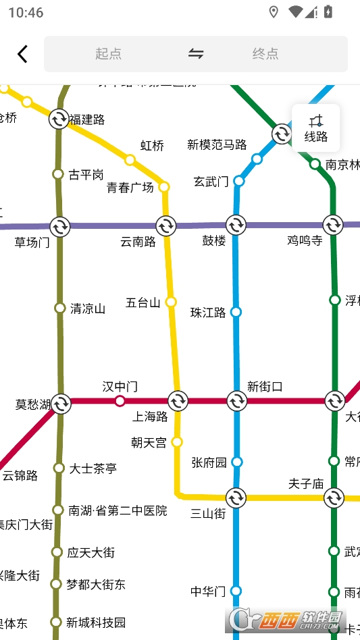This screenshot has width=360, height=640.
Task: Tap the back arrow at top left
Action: pyautogui.click(x=23, y=54)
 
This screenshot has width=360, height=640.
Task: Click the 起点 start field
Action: pyautogui.click(x=108, y=54)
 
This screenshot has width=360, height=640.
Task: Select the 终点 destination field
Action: pyautogui.click(x=265, y=54)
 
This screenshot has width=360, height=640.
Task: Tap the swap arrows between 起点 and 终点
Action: pyautogui.click(x=196, y=54)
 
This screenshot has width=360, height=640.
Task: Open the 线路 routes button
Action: pyautogui.click(x=315, y=128)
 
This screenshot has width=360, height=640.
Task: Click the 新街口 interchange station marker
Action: pyautogui.click(x=236, y=401)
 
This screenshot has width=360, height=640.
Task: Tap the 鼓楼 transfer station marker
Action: pyautogui.click(x=236, y=225)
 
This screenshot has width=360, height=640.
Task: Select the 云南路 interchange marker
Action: pyautogui.click(x=165, y=225)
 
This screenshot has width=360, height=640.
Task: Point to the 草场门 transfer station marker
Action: pyautogui.click(x=59, y=226)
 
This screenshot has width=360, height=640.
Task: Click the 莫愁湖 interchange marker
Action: pyautogui.click(x=61, y=404)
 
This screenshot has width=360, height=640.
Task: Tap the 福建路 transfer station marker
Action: pyautogui.click(x=59, y=119)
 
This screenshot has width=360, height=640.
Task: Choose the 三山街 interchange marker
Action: pyautogui.click(x=236, y=498)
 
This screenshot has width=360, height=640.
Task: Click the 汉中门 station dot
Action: pyautogui.click(x=120, y=401)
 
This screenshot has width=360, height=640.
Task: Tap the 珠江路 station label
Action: pyautogui.click(x=208, y=313)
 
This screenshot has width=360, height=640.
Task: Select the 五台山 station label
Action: pyautogui.click(x=143, y=302)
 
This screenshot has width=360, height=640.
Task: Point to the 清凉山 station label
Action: pyautogui.click(x=88, y=309)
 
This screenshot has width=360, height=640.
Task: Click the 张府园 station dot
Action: pyautogui.click(x=237, y=462)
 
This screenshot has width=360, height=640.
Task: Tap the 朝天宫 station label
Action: pyautogui.click(x=149, y=443)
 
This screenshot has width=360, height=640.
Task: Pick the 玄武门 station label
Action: pyautogui.click(x=211, y=182)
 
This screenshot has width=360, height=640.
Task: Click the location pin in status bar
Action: pyautogui.click(x=274, y=12)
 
